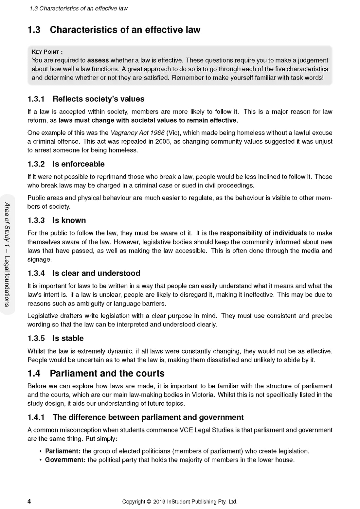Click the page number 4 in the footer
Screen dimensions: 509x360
tap(29, 501)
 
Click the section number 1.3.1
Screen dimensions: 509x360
tap(36, 99)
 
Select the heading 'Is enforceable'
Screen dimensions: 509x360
tap(79, 164)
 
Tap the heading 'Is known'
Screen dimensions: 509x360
tap(69, 220)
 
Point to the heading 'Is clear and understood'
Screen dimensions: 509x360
tap(96, 273)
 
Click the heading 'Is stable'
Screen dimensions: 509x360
tap(68, 339)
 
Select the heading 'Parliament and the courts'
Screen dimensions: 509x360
tap(107, 374)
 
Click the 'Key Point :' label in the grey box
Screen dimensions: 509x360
tap(47, 52)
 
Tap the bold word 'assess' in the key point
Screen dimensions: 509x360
tap(98, 61)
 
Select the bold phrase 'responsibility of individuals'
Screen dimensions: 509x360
tap(263, 233)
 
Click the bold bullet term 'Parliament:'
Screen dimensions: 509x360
tap(63, 451)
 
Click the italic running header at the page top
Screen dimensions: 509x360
tap(79, 9)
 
